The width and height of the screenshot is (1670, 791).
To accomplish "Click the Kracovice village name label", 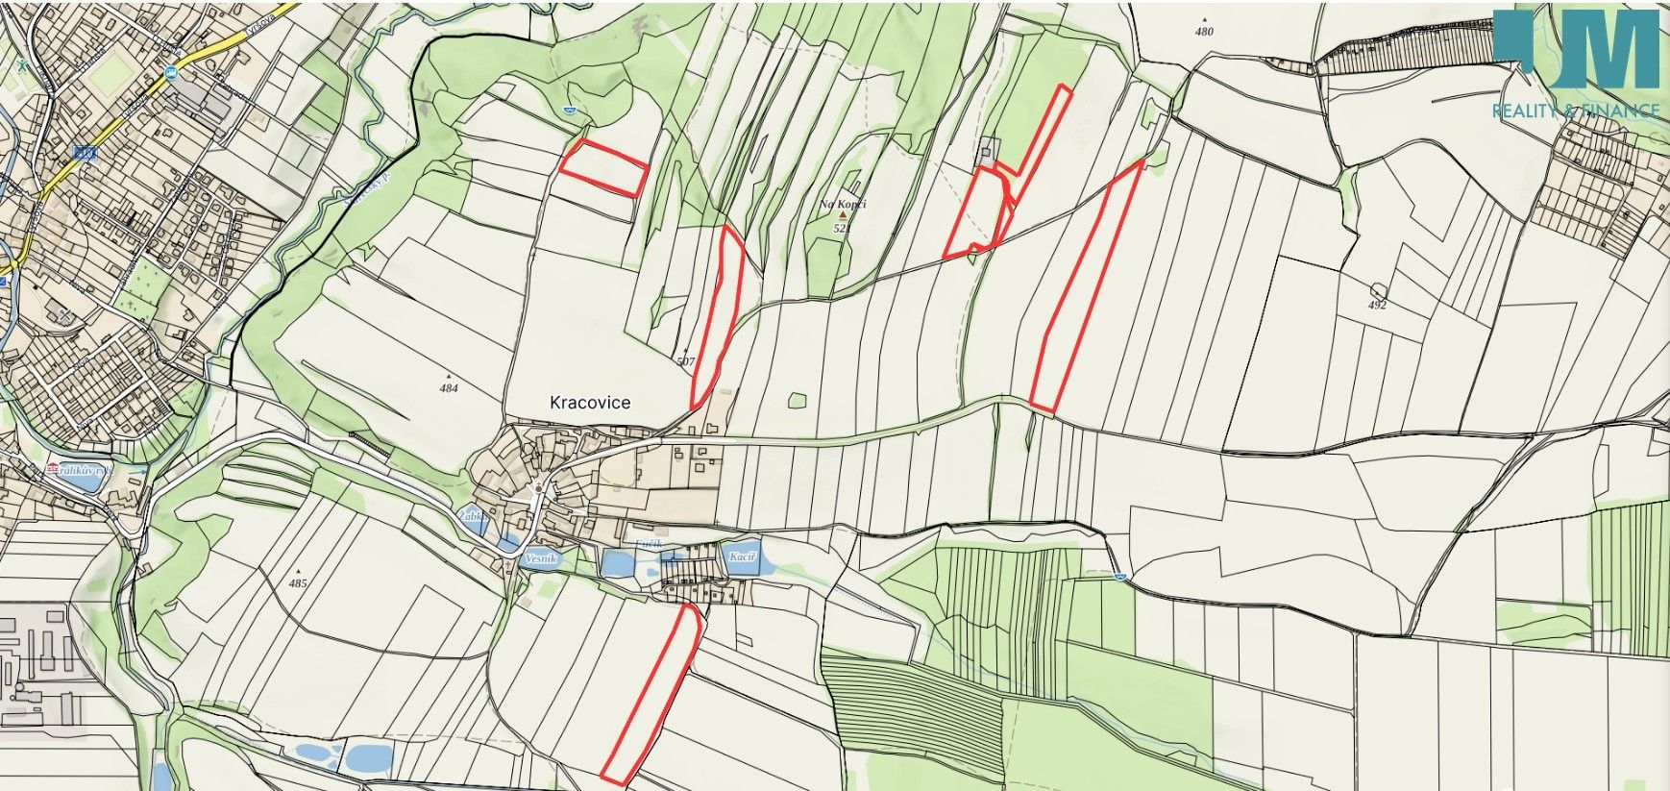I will pos(590,403).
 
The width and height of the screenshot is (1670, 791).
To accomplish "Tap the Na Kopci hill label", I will pos(843,205).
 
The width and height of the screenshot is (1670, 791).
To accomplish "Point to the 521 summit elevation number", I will pos(843,229).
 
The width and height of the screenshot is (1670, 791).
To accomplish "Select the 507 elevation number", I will pos(685,362).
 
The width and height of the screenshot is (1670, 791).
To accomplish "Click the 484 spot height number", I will pos(449,389).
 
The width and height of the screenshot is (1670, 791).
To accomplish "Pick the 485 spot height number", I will pos(297,583).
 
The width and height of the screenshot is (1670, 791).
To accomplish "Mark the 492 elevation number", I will pos(1378,306).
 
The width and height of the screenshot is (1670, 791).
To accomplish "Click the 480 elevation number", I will pos(1204,31).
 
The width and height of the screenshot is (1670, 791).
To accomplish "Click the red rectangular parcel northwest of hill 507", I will pos(602,168).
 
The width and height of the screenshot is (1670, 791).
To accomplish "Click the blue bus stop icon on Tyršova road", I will pos(171,73).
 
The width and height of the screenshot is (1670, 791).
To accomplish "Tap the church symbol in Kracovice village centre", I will pos(539,488).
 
